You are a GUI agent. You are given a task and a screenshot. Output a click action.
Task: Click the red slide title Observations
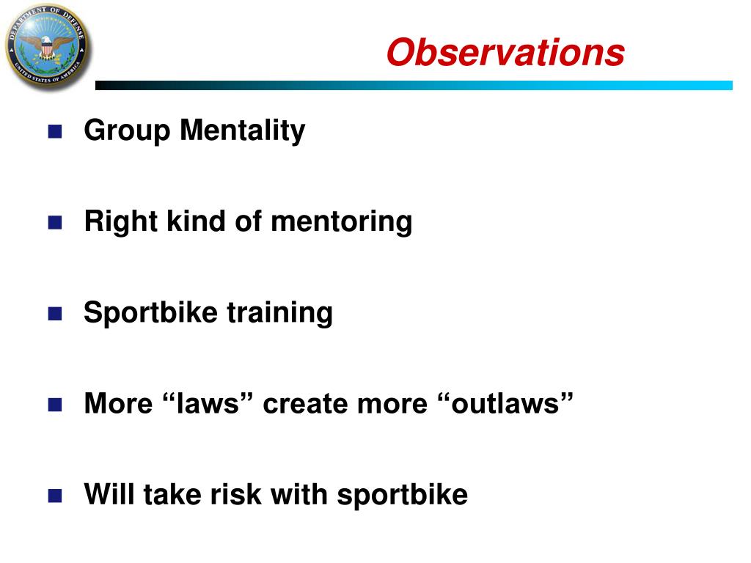pyautogui.click(x=505, y=53)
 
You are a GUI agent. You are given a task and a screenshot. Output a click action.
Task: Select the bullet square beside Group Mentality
pyautogui.click(x=54, y=132)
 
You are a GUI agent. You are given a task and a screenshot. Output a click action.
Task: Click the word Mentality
pyautogui.click(x=243, y=131)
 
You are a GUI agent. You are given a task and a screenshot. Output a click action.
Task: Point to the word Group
pyautogui.click(x=128, y=131)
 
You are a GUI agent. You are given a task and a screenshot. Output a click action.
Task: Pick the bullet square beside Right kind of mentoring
pyautogui.click(x=54, y=223)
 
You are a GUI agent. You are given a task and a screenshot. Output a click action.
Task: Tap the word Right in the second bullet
pyautogui.click(x=118, y=222)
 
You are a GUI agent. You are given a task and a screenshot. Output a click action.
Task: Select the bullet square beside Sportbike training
pyautogui.click(x=54, y=314)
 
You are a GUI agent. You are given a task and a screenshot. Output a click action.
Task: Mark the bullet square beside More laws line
pyautogui.click(x=54, y=405)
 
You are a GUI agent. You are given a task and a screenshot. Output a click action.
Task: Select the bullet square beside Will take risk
pyautogui.click(x=54, y=496)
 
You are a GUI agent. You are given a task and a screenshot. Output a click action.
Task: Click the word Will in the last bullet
pyautogui.click(x=110, y=495)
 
